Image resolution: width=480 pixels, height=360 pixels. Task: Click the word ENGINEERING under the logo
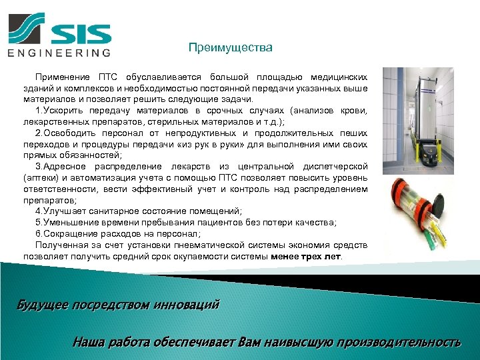tap(59, 53)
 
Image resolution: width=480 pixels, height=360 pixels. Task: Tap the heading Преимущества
tap(230, 47)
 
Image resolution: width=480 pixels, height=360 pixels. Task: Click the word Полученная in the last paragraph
tap(61, 244)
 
